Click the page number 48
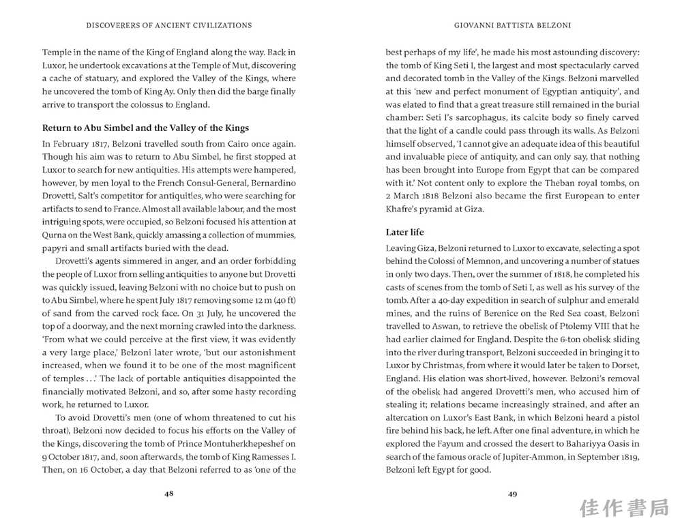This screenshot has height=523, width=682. click(x=169, y=494)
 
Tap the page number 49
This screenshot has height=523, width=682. click(x=512, y=494)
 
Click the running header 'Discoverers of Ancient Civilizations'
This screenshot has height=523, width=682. click(x=169, y=25)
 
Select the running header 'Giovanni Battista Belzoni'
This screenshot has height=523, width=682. click(x=512, y=25)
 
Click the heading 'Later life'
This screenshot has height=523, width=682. click(x=405, y=233)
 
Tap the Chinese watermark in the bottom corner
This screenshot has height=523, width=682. click(x=626, y=508)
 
